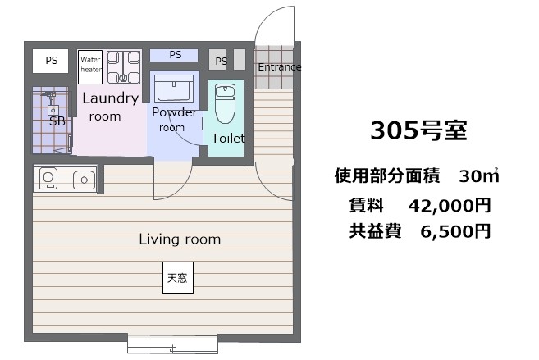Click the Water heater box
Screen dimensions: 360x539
point(89,66)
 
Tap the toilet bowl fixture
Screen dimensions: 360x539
point(224,106)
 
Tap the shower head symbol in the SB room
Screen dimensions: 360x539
point(52,98)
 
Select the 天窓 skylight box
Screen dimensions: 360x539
point(177,277)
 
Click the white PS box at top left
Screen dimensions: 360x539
point(51,60)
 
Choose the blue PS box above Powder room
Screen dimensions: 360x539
point(175,55)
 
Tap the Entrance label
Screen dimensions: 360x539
point(279,67)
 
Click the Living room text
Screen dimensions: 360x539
point(180,239)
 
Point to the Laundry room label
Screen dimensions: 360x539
point(109,107)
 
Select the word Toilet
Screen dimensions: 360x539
point(227,139)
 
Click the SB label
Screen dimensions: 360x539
point(57,121)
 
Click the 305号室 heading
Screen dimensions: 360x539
point(418,130)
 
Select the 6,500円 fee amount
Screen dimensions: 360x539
point(454,231)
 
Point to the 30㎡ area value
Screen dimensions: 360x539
point(479,175)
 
